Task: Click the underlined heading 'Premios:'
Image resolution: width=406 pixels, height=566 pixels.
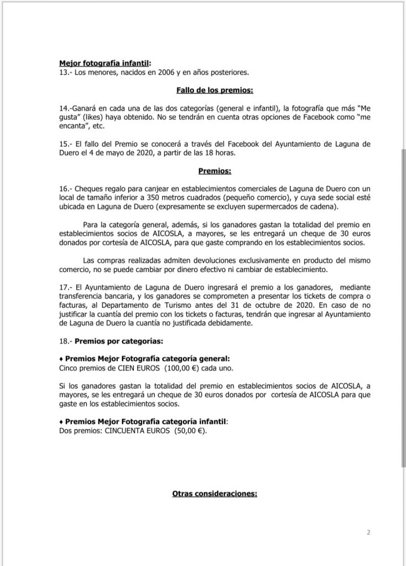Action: coord(215,171)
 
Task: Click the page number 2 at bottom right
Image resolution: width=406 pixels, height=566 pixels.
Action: coord(368,533)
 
